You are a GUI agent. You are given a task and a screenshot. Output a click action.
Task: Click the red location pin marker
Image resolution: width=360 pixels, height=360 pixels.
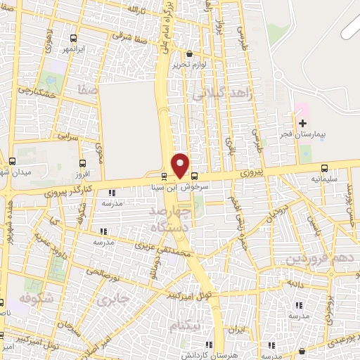point(181,165)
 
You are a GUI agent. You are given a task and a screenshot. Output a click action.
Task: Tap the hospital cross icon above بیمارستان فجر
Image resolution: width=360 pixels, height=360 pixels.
point(302,124)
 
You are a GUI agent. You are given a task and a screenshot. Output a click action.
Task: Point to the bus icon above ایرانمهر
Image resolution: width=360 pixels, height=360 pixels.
point(75,39)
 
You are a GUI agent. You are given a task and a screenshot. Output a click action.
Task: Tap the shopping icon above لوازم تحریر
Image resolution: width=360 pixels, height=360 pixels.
point(188,53)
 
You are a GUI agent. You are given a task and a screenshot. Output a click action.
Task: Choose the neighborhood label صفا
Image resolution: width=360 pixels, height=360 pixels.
point(89,89)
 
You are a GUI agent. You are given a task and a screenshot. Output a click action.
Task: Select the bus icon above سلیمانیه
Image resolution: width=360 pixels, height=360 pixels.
point(323,168)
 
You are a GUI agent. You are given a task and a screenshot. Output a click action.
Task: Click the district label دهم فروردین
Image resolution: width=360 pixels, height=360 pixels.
point(314,259)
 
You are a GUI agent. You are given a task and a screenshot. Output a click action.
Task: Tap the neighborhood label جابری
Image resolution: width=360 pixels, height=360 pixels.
point(113,300)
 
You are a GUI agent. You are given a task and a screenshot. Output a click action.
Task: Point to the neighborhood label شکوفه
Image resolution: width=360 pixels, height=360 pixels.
point(37,298)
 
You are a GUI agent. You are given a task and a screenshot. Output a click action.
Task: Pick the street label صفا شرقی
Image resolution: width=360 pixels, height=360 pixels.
point(131,36)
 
